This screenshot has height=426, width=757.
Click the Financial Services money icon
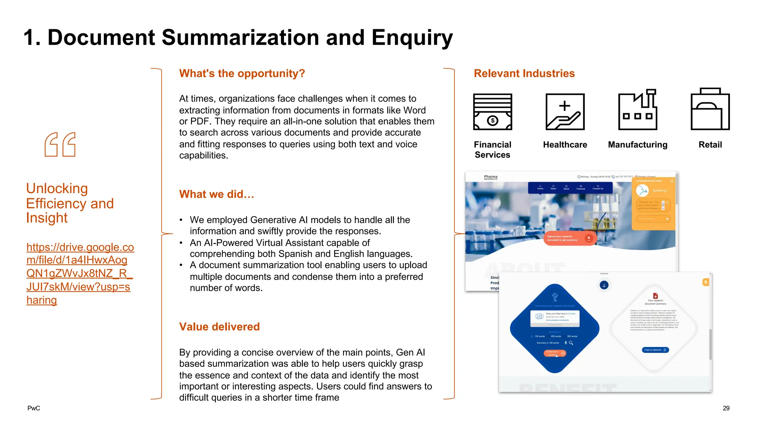point(492,112)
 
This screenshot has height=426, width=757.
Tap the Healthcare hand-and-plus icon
point(565,112)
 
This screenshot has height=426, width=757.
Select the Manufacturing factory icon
point(638,110)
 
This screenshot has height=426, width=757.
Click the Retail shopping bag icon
point(710,109)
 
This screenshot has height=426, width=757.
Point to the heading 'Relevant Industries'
point(524,73)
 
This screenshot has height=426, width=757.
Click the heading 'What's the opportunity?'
point(242,73)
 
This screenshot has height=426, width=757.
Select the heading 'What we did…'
point(217,194)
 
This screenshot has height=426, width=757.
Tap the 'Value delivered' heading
point(220,327)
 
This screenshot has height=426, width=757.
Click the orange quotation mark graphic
point(60,145)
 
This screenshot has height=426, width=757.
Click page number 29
point(726,408)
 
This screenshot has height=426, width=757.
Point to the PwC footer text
point(34,408)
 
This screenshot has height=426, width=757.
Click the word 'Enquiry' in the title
point(412,38)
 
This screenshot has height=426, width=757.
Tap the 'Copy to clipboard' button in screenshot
point(655,350)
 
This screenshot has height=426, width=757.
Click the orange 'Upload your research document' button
point(569,238)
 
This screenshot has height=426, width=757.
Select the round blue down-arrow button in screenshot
point(604,285)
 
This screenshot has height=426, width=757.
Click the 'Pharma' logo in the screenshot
point(490,177)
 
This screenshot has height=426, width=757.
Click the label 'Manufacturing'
point(638,145)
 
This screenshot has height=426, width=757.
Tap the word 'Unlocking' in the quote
point(57,189)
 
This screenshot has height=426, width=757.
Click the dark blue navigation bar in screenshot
point(570,188)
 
